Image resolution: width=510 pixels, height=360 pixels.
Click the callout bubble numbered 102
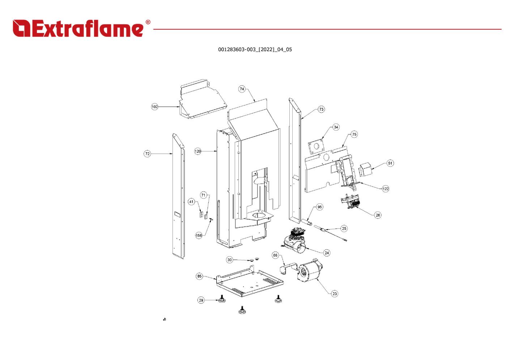[154, 107]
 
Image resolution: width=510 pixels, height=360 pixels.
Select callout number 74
[242, 89]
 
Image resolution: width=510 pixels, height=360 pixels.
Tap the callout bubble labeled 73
[321, 110]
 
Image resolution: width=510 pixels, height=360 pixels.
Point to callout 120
[197, 151]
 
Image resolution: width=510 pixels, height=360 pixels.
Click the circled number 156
[199, 236]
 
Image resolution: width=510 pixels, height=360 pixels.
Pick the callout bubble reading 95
[320, 207]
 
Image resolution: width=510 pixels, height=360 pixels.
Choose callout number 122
[386, 189]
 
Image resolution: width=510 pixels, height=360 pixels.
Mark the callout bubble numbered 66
[275, 255]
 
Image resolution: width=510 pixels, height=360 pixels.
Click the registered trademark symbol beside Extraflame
[148, 22]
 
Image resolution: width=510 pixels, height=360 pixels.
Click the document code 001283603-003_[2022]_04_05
[255, 50]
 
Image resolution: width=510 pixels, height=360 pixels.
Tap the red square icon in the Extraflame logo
[21, 28]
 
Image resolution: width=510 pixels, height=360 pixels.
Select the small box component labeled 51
[365, 169]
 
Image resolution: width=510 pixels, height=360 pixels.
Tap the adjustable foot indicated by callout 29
[222, 299]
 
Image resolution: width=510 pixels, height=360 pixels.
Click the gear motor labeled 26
[350, 201]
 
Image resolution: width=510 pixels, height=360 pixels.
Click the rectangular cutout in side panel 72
[177, 214]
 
